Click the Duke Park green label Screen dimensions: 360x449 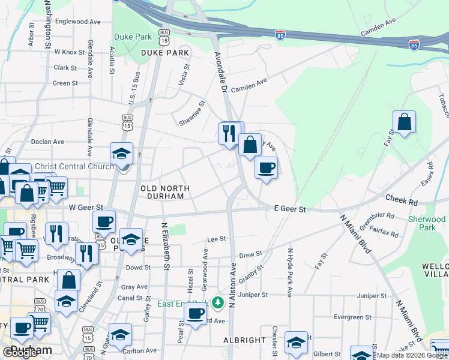133,37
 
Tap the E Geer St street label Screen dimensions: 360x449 290,209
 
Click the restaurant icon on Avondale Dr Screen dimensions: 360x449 229,133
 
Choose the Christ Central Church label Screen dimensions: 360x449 74,166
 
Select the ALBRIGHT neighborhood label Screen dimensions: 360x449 244,340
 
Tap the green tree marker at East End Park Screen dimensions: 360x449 219,301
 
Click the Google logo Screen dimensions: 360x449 20,352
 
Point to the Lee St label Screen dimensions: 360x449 216,238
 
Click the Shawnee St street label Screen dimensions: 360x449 193,113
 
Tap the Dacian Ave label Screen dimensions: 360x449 47,142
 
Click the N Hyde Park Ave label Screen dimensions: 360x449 289,273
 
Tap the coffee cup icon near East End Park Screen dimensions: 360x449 194,314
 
